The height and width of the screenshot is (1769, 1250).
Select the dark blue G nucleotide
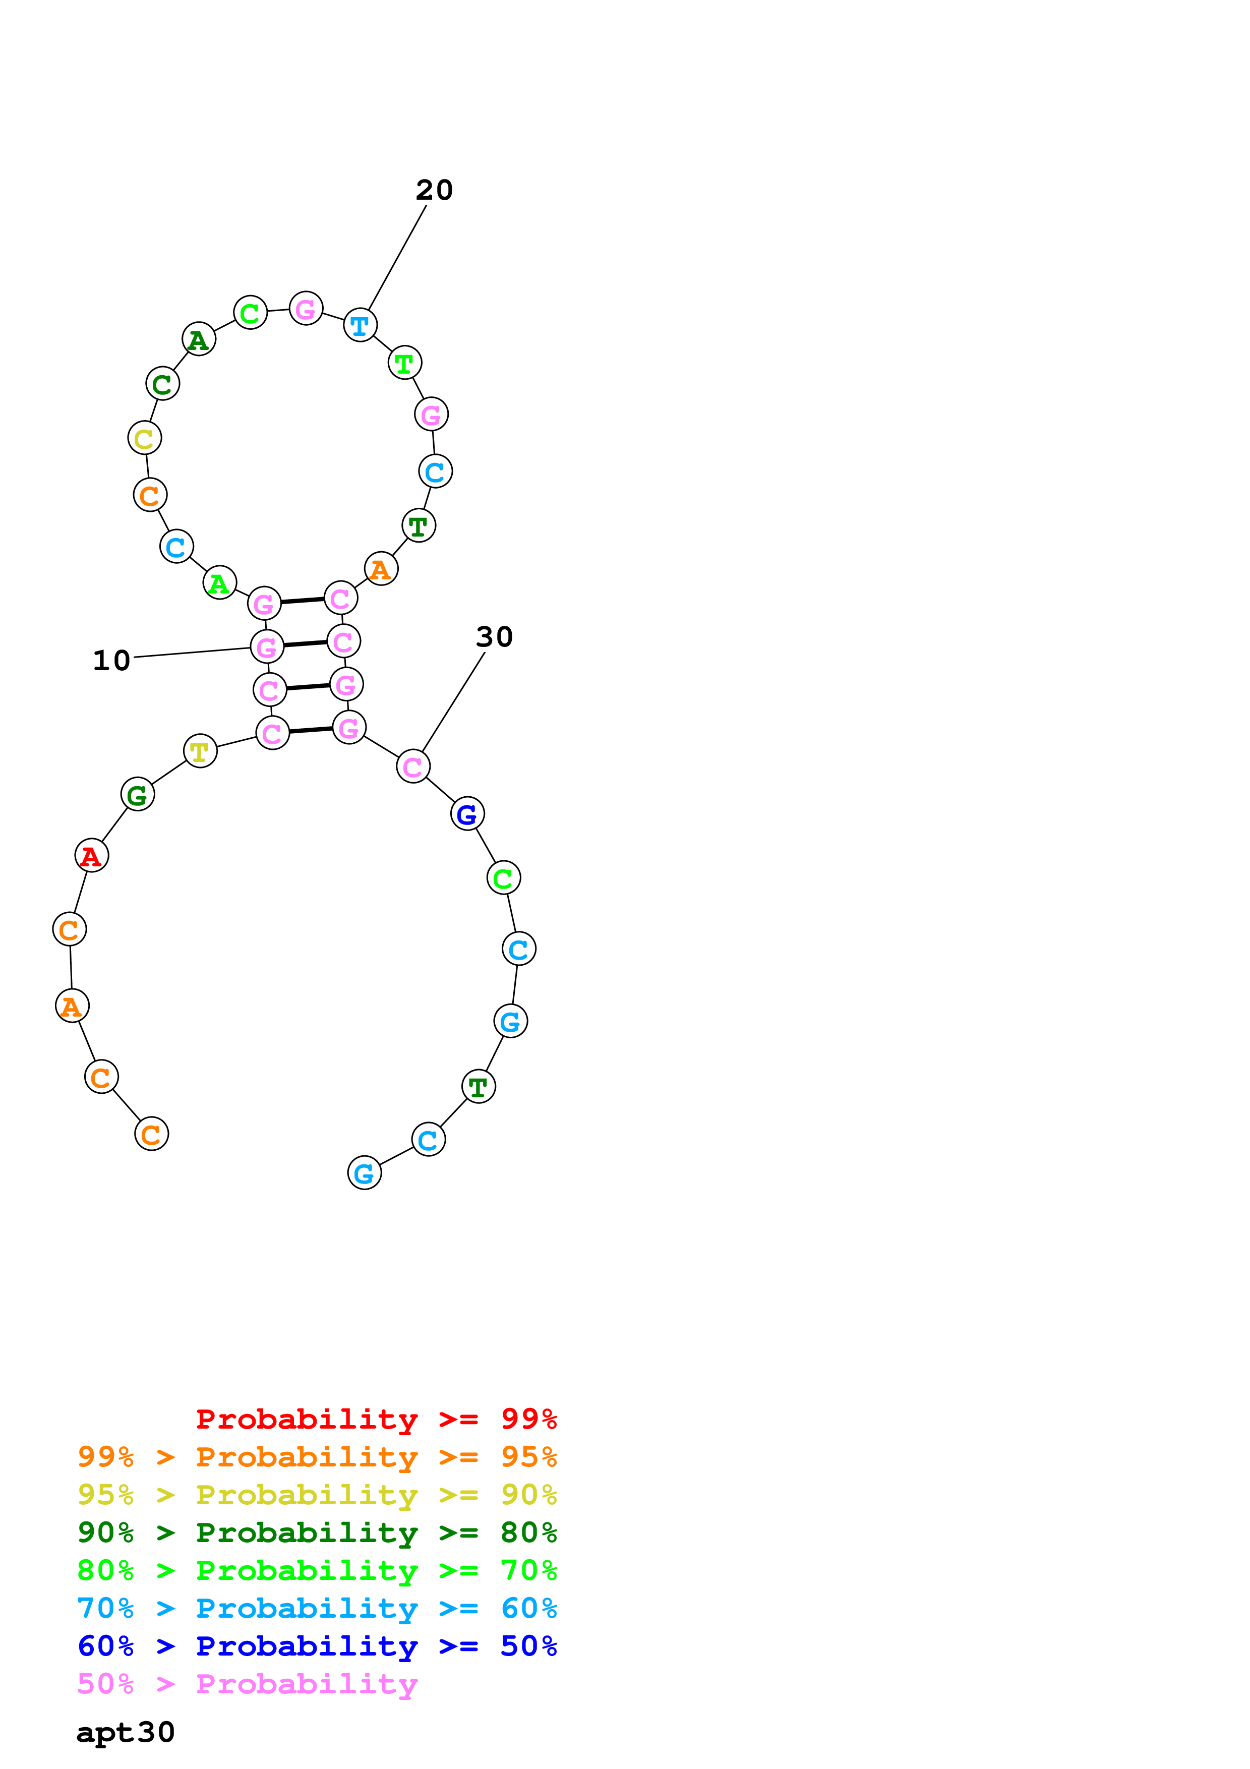tap(467, 813)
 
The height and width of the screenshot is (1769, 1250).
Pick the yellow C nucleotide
tap(145, 438)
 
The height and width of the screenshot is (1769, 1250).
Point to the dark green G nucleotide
tap(138, 794)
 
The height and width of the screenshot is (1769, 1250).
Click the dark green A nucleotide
tap(199, 339)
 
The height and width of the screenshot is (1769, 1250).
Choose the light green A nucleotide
tap(219, 583)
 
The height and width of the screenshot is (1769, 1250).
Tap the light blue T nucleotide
tap(360, 325)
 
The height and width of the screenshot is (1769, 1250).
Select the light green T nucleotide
tap(404, 363)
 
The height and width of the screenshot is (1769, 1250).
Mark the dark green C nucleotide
tap(162, 384)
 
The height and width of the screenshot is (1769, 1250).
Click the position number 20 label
tap(434, 190)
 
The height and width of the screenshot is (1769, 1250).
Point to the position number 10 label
tap(111, 660)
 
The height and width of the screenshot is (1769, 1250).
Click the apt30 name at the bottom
tap(126, 1732)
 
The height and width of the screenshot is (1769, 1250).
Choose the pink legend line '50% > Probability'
tap(247, 1683)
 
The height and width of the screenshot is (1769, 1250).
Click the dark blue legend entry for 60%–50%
tap(317, 1646)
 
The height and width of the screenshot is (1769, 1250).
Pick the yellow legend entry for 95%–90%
tap(317, 1494)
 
